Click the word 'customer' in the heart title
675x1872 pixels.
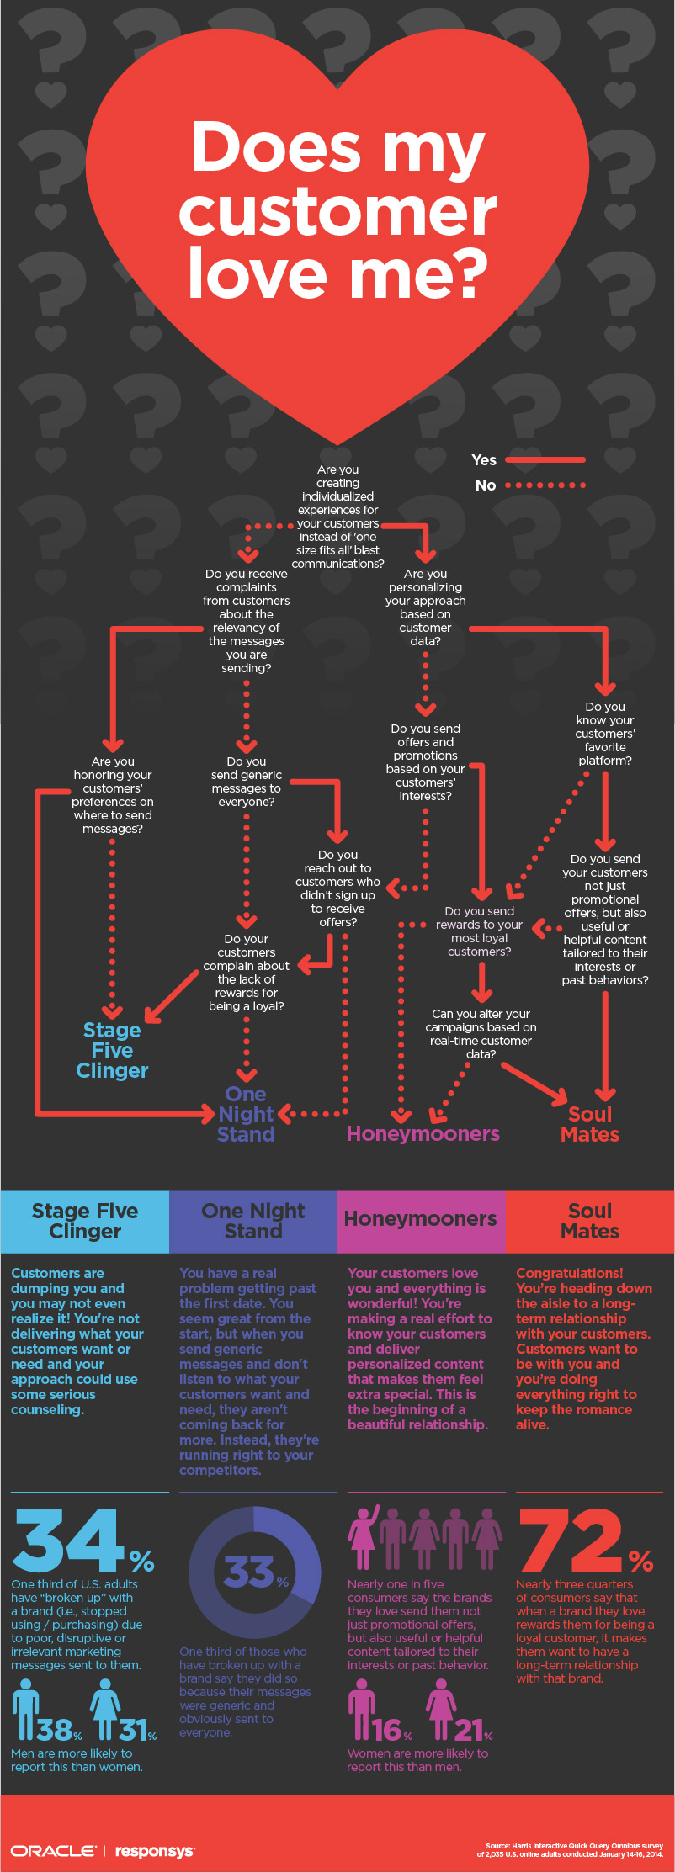point(337,212)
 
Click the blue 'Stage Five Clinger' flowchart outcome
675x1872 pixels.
point(112,1050)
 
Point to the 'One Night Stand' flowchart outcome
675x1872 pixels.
point(246,1114)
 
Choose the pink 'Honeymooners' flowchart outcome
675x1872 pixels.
point(423,1133)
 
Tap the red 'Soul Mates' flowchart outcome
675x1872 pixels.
point(590,1124)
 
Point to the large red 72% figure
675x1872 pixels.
point(586,1541)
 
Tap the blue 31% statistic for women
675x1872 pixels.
point(137,1729)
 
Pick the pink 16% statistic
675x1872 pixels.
point(392,1730)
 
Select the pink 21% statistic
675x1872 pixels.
point(474,1730)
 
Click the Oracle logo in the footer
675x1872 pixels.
point(52,1851)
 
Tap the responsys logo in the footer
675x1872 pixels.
point(155,1852)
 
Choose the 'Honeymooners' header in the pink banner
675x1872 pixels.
point(421,1219)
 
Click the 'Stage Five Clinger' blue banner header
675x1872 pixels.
point(85,1221)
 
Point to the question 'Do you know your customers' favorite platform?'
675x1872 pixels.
point(605,734)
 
